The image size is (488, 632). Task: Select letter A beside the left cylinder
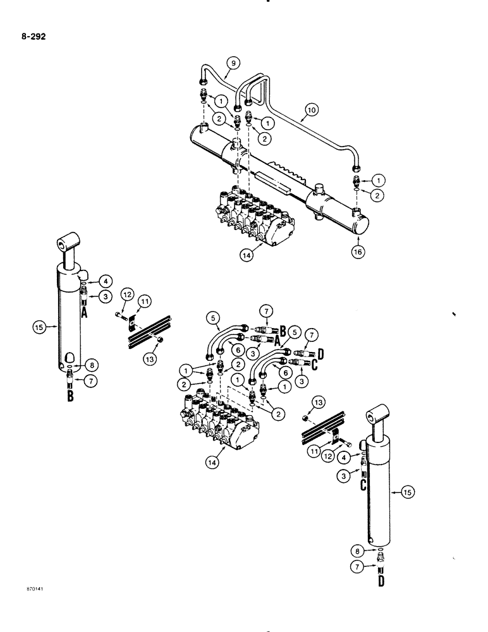pyautogui.click(x=85, y=311)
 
